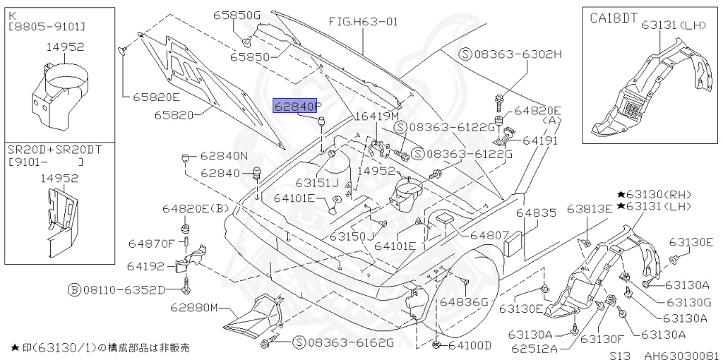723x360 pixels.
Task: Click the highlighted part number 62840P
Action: [298, 107]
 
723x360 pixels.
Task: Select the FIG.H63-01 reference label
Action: [364, 21]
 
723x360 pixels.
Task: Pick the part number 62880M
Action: [194, 308]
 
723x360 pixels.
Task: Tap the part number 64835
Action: [536, 211]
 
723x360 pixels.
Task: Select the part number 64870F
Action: [150, 244]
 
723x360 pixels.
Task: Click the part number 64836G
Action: [464, 301]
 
